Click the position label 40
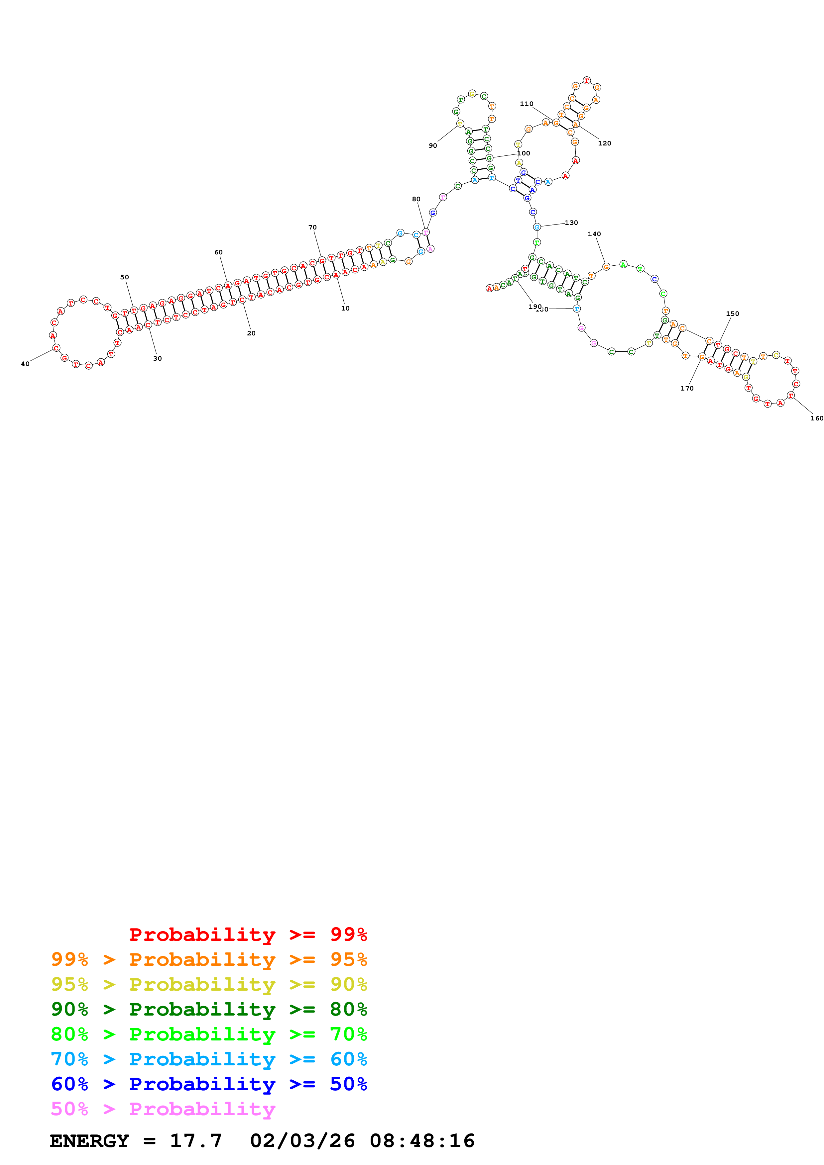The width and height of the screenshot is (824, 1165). tap(25, 364)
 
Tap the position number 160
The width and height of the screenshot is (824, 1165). tap(816, 418)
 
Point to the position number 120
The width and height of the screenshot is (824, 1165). tap(604, 143)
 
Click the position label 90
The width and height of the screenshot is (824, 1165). tap(432, 145)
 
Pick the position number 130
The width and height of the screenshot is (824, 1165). tap(571, 223)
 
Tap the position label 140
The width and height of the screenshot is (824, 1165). tap(594, 234)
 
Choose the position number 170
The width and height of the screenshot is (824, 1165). tap(686, 388)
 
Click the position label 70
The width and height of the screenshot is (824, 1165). tap(312, 227)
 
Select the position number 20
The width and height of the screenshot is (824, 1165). tap(251, 333)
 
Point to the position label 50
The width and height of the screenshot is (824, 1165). tap(124, 277)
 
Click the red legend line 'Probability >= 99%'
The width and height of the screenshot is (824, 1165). tap(248, 935)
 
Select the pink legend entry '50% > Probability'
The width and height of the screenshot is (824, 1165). tap(163, 1109)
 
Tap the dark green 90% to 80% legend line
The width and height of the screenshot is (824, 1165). tap(209, 1009)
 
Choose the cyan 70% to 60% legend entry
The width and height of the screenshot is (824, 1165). tap(209, 1059)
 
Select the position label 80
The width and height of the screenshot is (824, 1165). tap(416, 199)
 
